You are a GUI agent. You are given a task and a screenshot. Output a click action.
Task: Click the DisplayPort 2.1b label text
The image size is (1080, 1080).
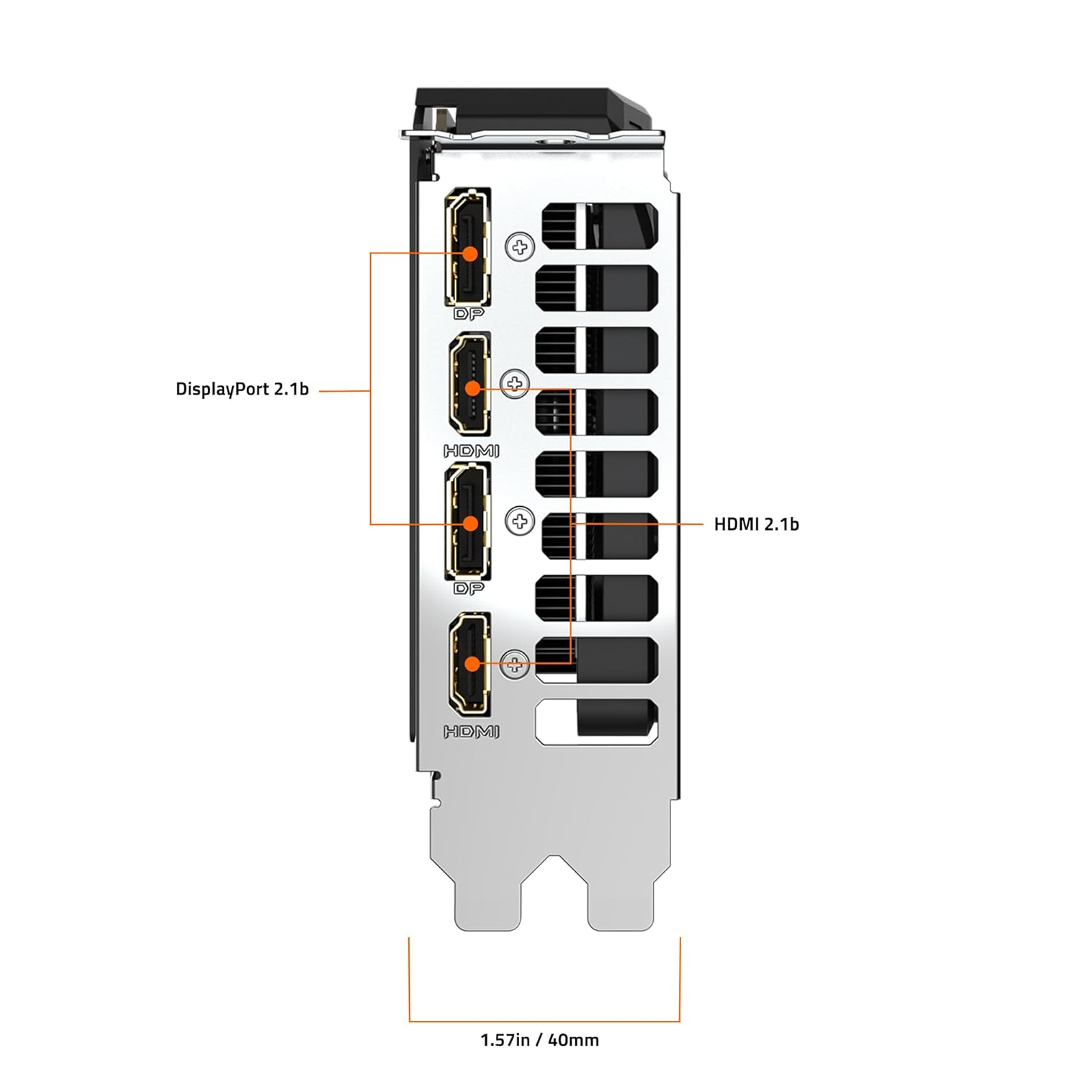pyautogui.click(x=242, y=390)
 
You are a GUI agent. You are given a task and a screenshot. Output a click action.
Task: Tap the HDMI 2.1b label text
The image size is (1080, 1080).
pyautogui.click(x=756, y=524)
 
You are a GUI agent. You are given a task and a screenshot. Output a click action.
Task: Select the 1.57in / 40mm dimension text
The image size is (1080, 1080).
pyautogui.click(x=539, y=1040)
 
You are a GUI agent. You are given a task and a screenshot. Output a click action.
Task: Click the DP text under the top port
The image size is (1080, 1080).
pyautogui.click(x=469, y=314)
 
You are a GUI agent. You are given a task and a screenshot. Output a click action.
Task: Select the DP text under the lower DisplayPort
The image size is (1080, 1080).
pyautogui.click(x=469, y=588)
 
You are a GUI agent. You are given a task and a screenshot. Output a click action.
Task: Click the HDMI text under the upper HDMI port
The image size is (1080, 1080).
pyautogui.click(x=471, y=451)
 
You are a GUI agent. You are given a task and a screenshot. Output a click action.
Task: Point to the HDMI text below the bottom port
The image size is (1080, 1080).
pyautogui.click(x=471, y=732)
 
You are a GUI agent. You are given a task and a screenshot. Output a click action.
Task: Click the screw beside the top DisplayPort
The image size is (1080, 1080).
pyautogui.click(x=519, y=247)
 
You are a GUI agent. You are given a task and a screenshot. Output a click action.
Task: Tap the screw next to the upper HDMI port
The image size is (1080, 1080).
pyautogui.click(x=514, y=383)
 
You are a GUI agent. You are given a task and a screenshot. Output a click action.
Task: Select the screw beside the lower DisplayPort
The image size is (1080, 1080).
pyautogui.click(x=519, y=521)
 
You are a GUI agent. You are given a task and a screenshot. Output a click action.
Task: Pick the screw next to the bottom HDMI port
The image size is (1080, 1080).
pyautogui.click(x=514, y=664)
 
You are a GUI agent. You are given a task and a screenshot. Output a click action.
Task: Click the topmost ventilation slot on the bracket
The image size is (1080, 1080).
pyautogui.click(x=599, y=225)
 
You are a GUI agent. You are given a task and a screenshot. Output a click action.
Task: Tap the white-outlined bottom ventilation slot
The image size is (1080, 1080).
pyautogui.click(x=596, y=722)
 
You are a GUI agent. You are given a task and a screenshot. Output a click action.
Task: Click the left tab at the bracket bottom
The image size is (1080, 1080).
pyautogui.click(x=487, y=900)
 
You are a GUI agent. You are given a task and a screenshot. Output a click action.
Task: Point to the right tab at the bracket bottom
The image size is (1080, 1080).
pyautogui.click(x=620, y=900)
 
